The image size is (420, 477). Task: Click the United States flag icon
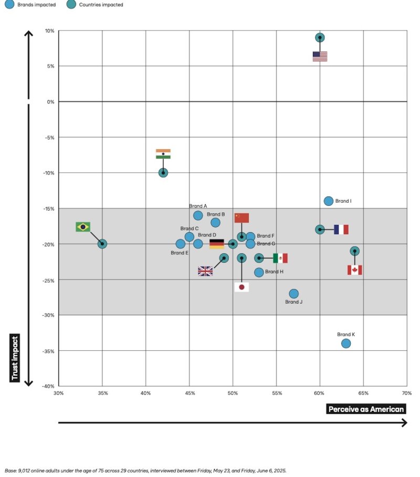320,56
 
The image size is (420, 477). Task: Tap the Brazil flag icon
83,226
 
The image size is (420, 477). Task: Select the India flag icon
163,154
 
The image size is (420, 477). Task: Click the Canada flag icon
355,270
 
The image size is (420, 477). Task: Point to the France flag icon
341,230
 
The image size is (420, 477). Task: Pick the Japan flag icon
241,287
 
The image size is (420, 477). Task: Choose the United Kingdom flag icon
205,271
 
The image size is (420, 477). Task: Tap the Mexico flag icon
280,258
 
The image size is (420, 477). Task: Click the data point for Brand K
346,344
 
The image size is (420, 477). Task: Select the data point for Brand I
329,201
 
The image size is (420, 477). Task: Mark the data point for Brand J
294,294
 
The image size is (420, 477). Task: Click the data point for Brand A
198,215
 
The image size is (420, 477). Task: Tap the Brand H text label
274,272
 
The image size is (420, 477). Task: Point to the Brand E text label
180,253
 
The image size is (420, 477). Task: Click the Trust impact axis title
15,358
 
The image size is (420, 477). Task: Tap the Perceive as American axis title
367,409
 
